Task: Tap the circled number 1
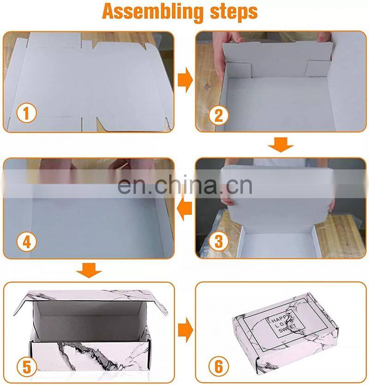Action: pyautogui.click(x=26, y=113)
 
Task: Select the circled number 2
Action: pyautogui.click(x=219, y=115)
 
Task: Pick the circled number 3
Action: pyautogui.click(x=219, y=241)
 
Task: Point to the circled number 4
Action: pyautogui.click(x=26, y=242)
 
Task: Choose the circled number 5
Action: pyautogui.click(x=26, y=367)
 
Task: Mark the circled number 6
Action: pyautogui.click(x=219, y=367)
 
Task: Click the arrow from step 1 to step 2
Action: pyautogui.click(x=185, y=80)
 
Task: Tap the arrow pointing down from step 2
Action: pyautogui.click(x=281, y=144)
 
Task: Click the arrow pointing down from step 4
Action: pyautogui.click(x=89, y=271)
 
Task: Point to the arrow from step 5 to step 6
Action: pyautogui.click(x=185, y=330)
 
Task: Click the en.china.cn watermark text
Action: pyautogui.click(x=185, y=185)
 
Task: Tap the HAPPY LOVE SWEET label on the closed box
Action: pyautogui.click(x=284, y=322)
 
